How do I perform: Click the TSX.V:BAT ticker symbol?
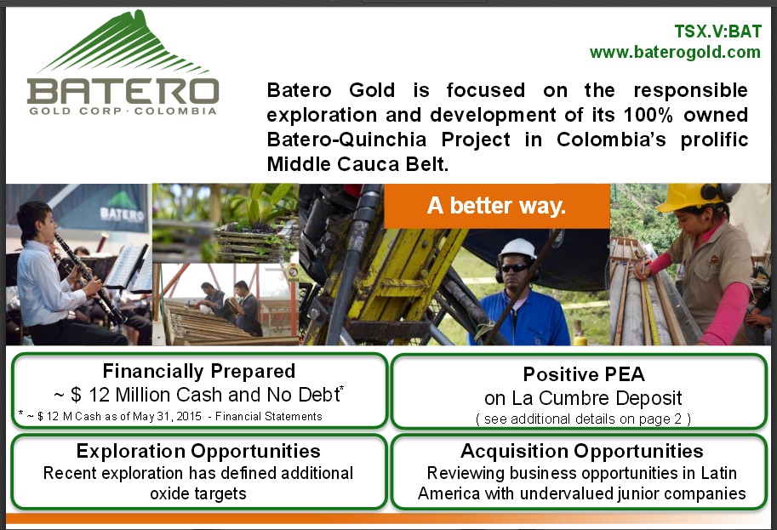(x=717, y=31)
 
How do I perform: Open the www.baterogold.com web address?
(x=675, y=52)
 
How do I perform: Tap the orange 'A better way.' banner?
(x=496, y=206)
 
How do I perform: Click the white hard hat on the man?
(x=517, y=248)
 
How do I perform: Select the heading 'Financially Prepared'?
(x=198, y=371)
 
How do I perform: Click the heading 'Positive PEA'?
(x=584, y=374)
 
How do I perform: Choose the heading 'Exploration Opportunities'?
(x=198, y=451)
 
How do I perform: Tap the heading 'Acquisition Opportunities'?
(x=582, y=451)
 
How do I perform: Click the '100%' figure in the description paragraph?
(x=648, y=115)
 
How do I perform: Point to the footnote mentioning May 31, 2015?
(x=171, y=416)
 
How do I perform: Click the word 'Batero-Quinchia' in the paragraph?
(x=346, y=140)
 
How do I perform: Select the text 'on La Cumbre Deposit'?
(x=583, y=398)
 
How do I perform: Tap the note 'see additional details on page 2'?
(x=583, y=419)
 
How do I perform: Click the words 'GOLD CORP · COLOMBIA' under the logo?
(x=123, y=111)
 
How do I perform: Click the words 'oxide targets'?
(x=198, y=493)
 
